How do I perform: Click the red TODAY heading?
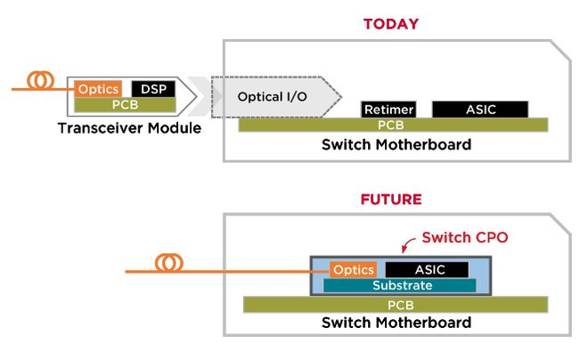pos(391,24)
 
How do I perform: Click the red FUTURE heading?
pos(391,199)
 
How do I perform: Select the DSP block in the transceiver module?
pos(153,89)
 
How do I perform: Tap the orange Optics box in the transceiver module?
pos(98,89)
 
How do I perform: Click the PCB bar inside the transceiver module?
pos(125,105)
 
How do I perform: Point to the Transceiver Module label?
pos(129,128)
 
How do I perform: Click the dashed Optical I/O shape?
pos(276,97)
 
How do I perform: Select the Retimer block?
pos(388,110)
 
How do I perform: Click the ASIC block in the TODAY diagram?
pos(480,110)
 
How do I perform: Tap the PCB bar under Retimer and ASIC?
pos(393,125)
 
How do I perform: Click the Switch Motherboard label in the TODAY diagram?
pos(396,144)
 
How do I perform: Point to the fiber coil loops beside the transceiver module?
pos(40,80)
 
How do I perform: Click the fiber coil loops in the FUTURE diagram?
pos(169,263)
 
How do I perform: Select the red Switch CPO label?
pos(465,237)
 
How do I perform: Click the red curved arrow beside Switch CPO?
pos(408,245)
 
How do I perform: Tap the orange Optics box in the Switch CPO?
pos(354,270)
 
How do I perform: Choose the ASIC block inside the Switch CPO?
pos(427,270)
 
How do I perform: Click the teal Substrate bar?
pos(400,285)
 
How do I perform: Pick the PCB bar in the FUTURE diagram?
pos(396,305)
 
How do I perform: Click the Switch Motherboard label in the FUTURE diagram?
pos(396,323)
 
